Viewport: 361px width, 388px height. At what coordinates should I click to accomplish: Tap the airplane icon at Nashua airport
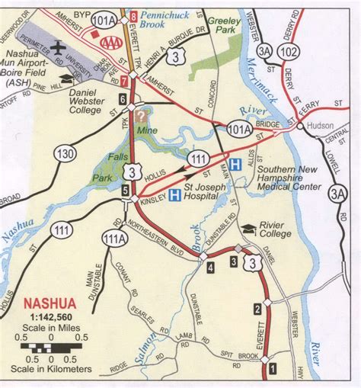click(58, 48)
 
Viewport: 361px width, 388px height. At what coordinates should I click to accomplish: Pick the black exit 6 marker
click(122, 98)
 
